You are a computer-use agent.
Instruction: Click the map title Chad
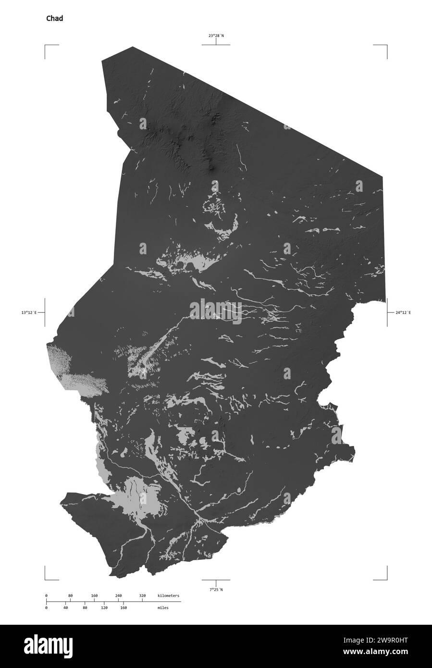point(54,19)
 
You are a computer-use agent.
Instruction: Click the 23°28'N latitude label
point(216,36)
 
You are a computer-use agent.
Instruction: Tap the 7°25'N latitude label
point(216,589)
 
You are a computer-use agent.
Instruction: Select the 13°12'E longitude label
point(29,312)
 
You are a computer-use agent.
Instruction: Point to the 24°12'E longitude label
point(403,312)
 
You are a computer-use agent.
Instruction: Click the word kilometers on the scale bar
point(168,596)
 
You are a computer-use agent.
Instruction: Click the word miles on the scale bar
point(162,607)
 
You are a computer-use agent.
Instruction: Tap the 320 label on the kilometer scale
point(142,596)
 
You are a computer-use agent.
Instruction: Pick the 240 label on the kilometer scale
point(118,596)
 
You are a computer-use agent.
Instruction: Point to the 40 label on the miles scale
point(65,607)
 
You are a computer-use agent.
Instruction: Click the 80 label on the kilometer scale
point(70,596)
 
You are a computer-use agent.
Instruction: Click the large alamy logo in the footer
point(215,646)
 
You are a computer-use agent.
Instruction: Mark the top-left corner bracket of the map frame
point(46,46)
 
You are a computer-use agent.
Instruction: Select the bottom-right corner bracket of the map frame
point(386,580)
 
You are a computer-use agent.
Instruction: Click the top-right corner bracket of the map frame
point(386,46)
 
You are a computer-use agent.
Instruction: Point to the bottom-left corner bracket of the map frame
point(46,580)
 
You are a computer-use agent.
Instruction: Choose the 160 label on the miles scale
point(123,607)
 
